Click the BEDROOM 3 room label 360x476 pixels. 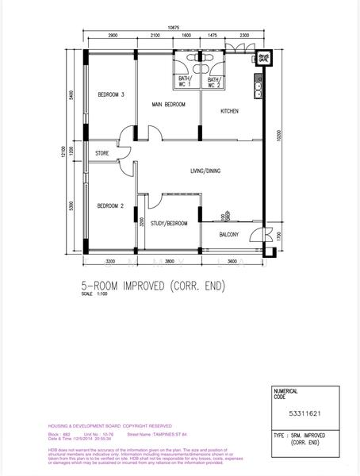(x=111, y=94)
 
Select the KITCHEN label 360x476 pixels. (x=230, y=111)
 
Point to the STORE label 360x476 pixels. (x=101, y=153)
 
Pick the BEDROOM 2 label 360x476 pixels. (x=110, y=206)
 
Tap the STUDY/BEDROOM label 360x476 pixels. (x=169, y=224)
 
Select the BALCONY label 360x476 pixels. (x=231, y=235)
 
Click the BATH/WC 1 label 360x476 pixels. (x=185, y=82)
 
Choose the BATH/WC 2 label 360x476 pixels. (x=213, y=82)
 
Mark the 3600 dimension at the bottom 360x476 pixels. (x=232, y=261)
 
